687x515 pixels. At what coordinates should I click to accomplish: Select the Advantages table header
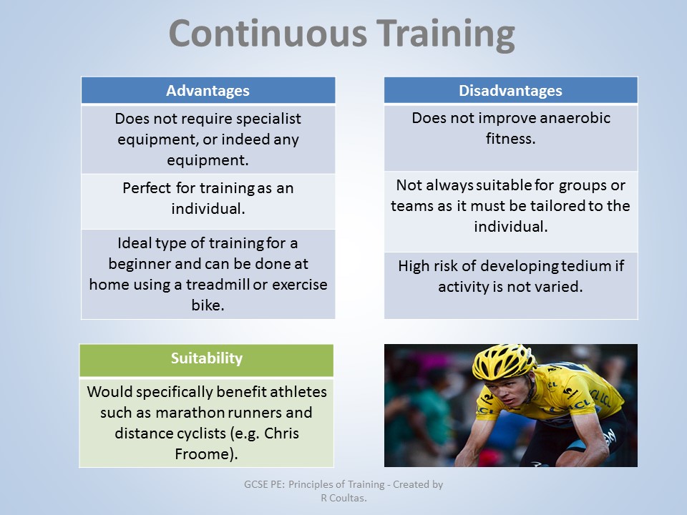pyautogui.click(x=208, y=91)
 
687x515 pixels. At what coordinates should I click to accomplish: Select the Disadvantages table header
pyautogui.click(x=510, y=91)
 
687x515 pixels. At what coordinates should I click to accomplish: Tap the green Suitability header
pyautogui.click(x=206, y=358)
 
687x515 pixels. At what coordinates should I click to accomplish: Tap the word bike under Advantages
pyautogui.click(x=208, y=305)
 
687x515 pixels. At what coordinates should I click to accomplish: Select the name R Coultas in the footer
pyautogui.click(x=343, y=498)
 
